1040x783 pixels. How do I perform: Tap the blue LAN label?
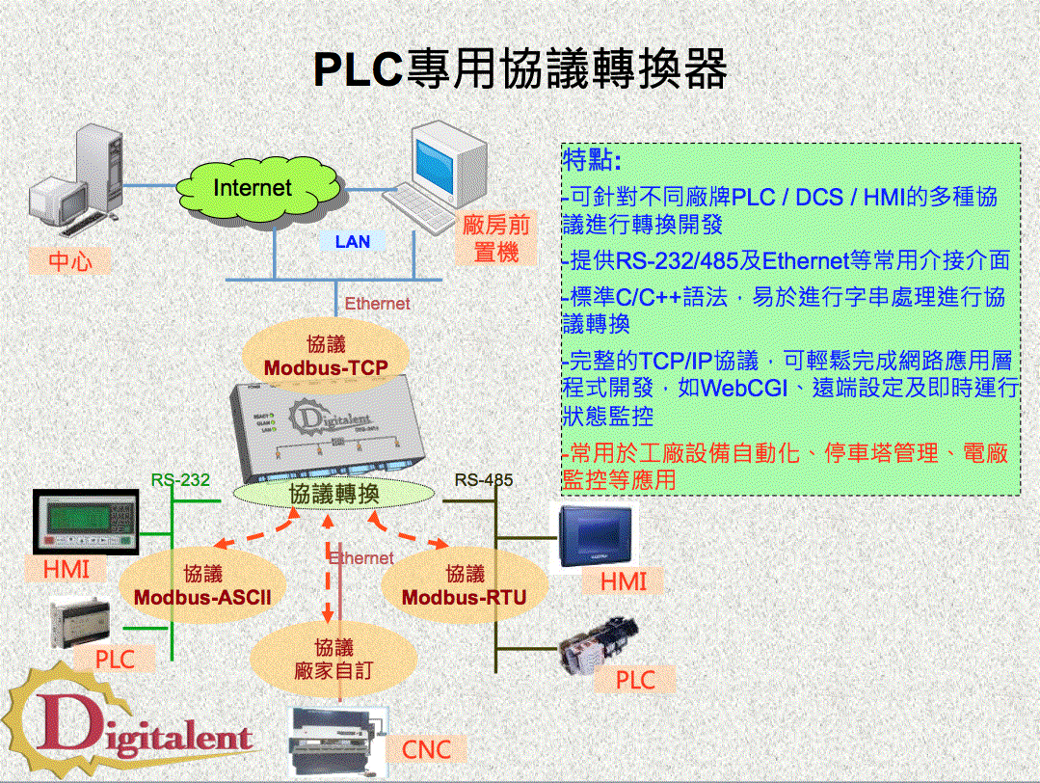(x=352, y=242)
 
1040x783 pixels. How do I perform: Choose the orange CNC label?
(x=426, y=749)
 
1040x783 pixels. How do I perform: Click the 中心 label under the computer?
(x=70, y=261)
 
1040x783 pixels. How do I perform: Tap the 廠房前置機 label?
(x=496, y=239)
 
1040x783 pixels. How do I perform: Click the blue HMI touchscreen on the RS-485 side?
(x=595, y=538)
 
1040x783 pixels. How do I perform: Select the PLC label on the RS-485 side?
(x=635, y=680)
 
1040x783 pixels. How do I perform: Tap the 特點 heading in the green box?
(x=592, y=159)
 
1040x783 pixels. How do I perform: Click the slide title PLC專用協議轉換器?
(x=520, y=69)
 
